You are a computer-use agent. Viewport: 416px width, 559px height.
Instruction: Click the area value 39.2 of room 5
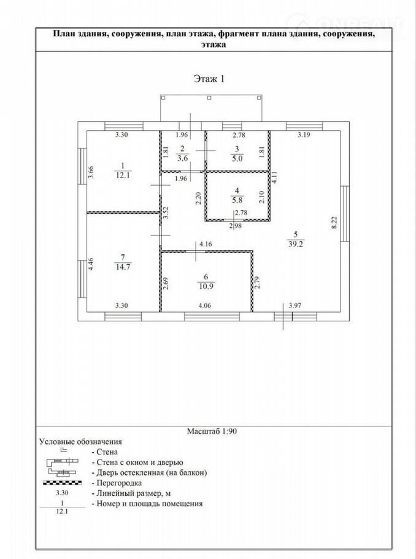coord(296,244)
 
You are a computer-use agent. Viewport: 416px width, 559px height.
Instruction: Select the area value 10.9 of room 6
coord(206,286)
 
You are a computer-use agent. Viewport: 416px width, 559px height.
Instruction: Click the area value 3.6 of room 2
coord(182,158)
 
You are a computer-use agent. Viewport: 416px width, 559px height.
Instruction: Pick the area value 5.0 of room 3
coord(237,158)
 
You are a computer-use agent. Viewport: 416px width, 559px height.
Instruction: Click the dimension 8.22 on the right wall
coord(334,222)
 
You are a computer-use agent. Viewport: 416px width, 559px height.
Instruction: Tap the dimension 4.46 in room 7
coord(91,264)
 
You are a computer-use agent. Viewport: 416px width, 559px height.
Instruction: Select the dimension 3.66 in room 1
coord(91,172)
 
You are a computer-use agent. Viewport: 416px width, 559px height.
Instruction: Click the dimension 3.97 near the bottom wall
coord(295,305)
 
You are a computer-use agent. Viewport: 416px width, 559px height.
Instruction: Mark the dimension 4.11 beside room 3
coord(274,178)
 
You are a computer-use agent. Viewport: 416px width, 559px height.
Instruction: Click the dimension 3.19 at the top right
coord(304,135)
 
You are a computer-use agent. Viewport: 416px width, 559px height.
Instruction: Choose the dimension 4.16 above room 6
coord(206,244)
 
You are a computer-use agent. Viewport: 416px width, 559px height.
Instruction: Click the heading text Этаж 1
coord(209,79)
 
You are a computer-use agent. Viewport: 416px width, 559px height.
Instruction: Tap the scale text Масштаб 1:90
coord(212,431)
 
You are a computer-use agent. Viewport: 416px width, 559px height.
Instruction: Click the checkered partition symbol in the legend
coord(63,483)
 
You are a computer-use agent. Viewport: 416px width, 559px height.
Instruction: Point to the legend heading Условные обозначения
coord(80,442)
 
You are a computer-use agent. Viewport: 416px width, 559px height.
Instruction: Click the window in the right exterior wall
coord(345,214)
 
